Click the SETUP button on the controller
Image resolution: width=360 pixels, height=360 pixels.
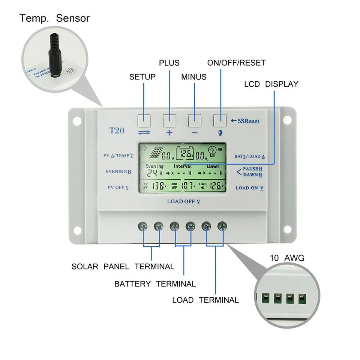click(x=144, y=120)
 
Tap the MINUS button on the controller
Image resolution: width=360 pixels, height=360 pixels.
click(x=195, y=120)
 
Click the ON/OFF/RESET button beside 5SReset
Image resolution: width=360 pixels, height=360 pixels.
click(x=220, y=120)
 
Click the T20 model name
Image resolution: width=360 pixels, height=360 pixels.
click(x=117, y=130)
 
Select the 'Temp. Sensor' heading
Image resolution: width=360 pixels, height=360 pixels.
click(x=55, y=18)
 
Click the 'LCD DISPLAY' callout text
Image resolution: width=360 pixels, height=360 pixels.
click(x=271, y=84)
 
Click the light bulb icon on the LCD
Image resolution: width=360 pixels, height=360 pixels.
click(x=213, y=151)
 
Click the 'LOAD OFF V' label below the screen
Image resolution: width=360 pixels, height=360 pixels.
click(x=184, y=201)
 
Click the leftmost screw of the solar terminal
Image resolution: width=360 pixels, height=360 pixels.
click(x=143, y=226)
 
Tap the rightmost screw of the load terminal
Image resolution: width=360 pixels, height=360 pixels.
click(x=223, y=226)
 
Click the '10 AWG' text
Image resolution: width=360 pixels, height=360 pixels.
click(x=287, y=258)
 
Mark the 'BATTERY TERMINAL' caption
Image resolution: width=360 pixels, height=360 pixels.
click(x=155, y=284)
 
